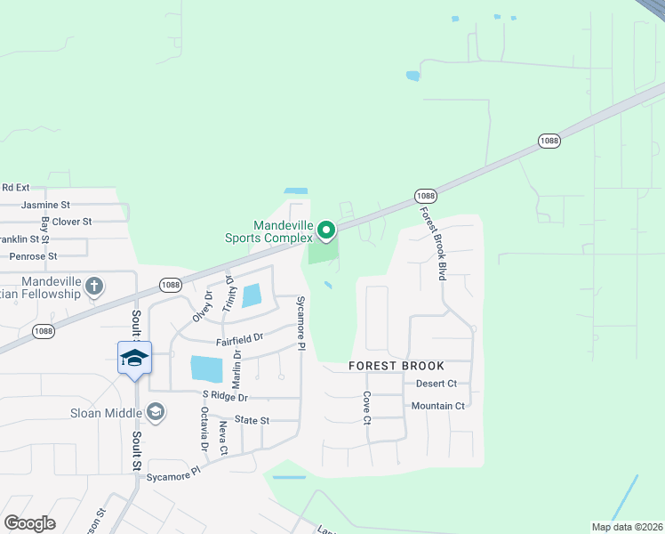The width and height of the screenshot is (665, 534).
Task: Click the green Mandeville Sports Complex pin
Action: point(326,231)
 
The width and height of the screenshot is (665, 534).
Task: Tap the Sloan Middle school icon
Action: point(156,411)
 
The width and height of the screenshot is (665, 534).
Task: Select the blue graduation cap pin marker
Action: point(134,358)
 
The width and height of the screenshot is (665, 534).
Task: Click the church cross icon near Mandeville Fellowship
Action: point(95,287)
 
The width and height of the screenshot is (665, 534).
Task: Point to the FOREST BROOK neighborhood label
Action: point(397,366)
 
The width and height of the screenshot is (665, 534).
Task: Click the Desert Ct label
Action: point(436,384)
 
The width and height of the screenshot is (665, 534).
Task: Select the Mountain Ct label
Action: point(437,406)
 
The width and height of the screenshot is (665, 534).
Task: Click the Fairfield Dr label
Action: point(239,338)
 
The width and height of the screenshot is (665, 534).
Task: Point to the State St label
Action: point(252,419)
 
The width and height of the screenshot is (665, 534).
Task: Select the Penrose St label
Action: point(33,256)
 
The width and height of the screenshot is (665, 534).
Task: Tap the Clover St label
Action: point(72,222)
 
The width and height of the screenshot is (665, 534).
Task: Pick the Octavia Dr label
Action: point(204,428)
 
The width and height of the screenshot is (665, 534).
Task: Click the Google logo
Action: point(29,523)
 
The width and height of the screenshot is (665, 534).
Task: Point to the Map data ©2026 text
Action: point(627,526)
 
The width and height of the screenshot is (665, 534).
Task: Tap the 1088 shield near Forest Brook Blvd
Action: point(425,196)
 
